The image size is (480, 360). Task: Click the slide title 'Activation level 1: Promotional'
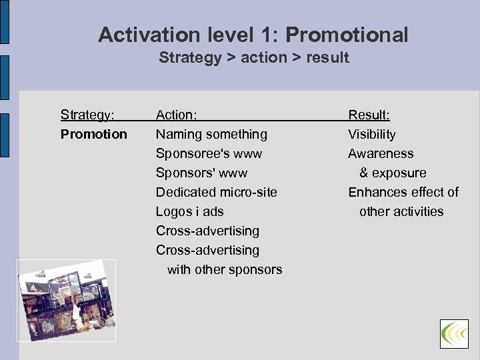point(253,35)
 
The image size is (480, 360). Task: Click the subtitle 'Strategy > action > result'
point(253,58)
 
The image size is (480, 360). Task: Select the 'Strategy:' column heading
point(87,115)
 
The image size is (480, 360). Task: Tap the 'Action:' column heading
point(176,115)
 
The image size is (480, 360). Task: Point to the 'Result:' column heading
point(369,115)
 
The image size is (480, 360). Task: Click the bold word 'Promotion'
point(93,134)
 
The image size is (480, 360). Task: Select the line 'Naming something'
point(211,134)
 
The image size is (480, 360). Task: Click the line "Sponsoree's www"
point(209,153)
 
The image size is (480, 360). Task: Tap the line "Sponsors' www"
point(201,173)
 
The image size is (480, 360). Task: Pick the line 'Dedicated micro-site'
point(216,192)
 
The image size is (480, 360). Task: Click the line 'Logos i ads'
point(189,211)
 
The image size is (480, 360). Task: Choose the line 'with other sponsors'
point(225,269)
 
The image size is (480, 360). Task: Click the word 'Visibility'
point(371,134)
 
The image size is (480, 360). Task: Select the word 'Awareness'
point(381,153)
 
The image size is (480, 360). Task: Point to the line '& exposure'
point(393,173)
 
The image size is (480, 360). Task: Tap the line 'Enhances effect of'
point(403,192)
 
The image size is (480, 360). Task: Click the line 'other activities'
point(401,211)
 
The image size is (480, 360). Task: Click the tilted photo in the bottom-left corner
point(67,300)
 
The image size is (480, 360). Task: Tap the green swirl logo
point(454,333)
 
